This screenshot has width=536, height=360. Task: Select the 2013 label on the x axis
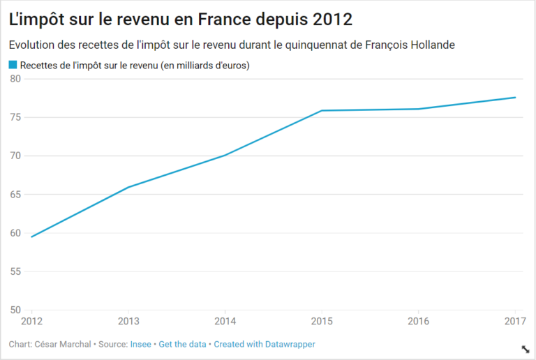tap(128, 322)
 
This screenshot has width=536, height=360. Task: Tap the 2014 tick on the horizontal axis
tap(224, 322)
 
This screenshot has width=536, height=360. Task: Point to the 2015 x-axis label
tap(321, 322)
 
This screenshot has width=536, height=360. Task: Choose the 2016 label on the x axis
tap(417, 322)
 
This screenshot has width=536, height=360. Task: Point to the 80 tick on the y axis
tap(15, 78)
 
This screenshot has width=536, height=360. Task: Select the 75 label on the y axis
tap(15, 117)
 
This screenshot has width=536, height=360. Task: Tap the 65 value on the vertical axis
tap(15, 194)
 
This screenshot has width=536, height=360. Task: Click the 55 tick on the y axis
tap(15, 271)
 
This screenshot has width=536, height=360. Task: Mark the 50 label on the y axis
tap(15, 310)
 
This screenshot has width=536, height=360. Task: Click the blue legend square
tap(13, 65)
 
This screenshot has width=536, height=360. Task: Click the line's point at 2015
tap(321, 110)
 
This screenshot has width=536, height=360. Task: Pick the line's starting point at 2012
tap(31, 237)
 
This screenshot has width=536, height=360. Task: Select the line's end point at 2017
tap(515, 98)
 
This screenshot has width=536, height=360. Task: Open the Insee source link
tap(140, 344)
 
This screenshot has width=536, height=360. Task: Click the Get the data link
tap(183, 344)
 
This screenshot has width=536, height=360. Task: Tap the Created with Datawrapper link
tap(265, 344)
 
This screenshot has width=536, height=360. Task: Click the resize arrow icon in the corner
tap(525, 349)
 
